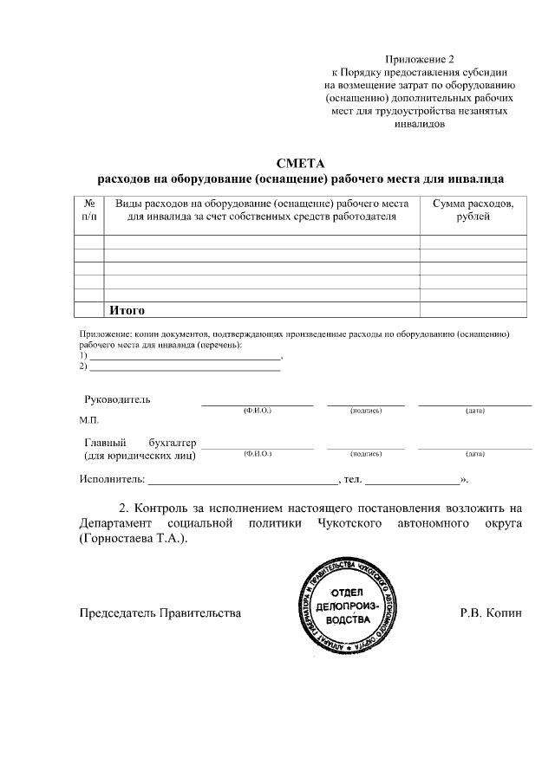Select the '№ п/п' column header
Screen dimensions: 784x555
pyautogui.click(x=88, y=210)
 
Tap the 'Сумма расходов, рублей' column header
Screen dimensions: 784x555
pyautogui.click(x=473, y=210)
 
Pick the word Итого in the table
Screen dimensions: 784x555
pyautogui.click(x=127, y=310)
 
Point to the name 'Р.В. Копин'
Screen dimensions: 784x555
pyautogui.click(x=491, y=612)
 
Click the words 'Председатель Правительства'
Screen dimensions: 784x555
pyautogui.click(x=160, y=612)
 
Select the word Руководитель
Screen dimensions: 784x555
pyautogui.click(x=117, y=399)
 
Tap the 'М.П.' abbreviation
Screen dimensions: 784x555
pyautogui.click(x=89, y=419)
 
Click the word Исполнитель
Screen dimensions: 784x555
pyautogui.click(x=111, y=478)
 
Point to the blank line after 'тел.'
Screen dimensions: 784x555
pyautogui.click(x=412, y=479)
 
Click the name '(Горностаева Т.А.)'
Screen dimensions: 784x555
pyautogui.click(x=133, y=538)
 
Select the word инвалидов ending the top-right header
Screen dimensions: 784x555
pyautogui.click(x=420, y=124)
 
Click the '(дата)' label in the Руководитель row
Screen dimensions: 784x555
pyautogui.click(x=474, y=410)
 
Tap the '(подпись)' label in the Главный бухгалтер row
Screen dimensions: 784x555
pyautogui.click(x=366, y=454)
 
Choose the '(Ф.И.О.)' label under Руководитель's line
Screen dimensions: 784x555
pyautogui.click(x=258, y=410)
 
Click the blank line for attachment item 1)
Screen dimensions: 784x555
pyautogui.click(x=186, y=355)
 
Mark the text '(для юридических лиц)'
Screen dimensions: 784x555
pyautogui.click(x=139, y=455)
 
